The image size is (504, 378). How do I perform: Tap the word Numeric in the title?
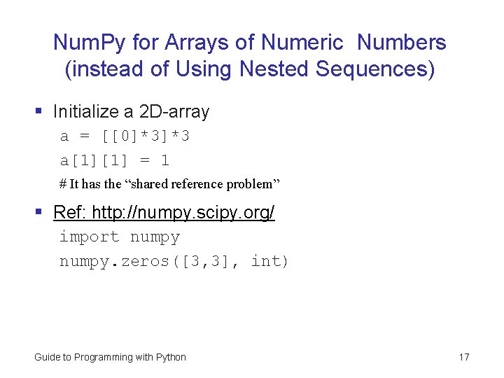coord(302,43)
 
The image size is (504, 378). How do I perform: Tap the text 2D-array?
coord(174,111)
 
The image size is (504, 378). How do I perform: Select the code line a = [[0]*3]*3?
coord(125,136)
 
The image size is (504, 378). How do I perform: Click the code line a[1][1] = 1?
coord(114,160)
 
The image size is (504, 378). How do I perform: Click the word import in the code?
coord(89,237)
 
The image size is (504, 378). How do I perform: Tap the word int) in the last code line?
coord(269,261)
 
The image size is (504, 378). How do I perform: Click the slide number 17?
coord(464,357)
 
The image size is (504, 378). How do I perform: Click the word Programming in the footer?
coord(104,357)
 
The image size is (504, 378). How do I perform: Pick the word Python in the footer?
coord(170,357)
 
